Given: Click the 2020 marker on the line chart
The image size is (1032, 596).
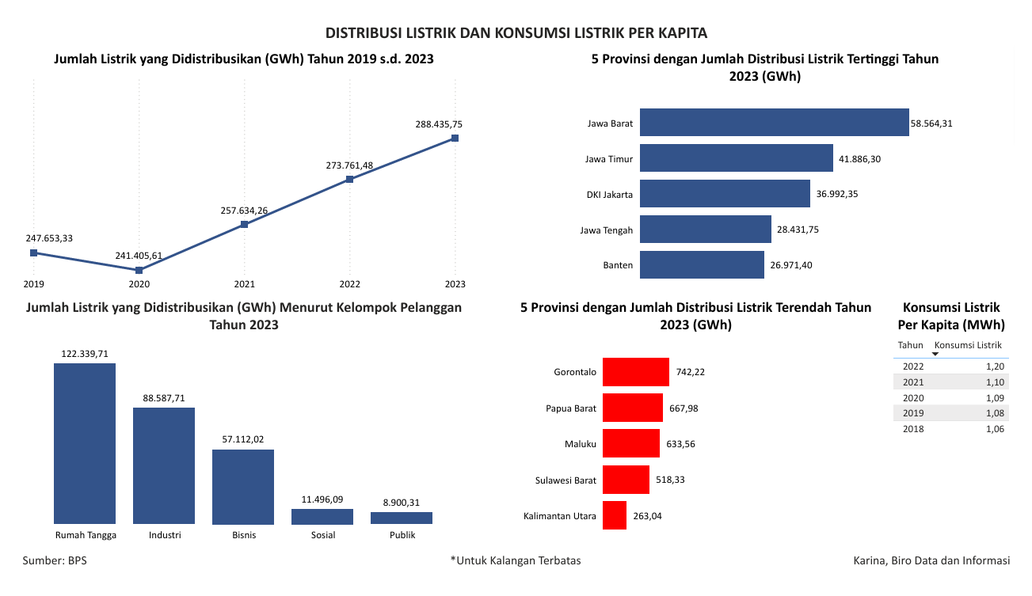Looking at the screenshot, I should [x=139, y=270].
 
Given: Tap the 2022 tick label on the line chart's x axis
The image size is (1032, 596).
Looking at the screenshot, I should [x=350, y=284].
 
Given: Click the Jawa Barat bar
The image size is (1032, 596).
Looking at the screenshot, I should [x=774, y=123].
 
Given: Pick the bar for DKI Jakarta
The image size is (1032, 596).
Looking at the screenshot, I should [x=725, y=194].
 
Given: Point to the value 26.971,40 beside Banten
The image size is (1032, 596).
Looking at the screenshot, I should [x=791, y=265].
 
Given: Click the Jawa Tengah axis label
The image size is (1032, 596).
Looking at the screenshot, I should [x=606, y=230].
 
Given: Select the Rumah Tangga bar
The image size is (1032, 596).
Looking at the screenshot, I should [x=85, y=443].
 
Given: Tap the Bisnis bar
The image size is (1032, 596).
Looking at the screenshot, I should [x=243, y=487].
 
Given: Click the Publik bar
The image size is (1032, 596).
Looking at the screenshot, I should [x=402, y=518].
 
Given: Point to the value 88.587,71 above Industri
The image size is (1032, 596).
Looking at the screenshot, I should [x=164, y=398].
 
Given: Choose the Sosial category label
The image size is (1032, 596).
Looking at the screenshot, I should [x=323, y=535].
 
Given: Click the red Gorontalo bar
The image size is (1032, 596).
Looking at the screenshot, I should [x=635, y=371].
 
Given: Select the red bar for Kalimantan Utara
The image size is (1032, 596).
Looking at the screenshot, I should [x=614, y=515].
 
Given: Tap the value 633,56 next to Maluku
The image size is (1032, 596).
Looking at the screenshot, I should [x=680, y=444].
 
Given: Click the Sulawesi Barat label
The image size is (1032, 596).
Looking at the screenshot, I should [x=566, y=480].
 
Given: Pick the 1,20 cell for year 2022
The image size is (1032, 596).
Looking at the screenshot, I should [x=995, y=366].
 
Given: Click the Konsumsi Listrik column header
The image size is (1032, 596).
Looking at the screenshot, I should [x=968, y=345].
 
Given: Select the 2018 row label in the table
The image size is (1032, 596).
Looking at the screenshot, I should [x=913, y=428].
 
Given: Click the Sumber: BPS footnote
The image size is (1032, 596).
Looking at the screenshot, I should [x=55, y=560].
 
